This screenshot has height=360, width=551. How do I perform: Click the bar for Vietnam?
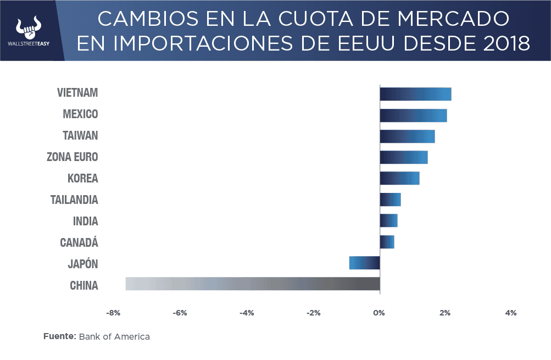click(415, 94)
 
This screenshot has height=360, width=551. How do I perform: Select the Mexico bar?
click(413, 115)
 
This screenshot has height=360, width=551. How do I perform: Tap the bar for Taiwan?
click(407, 136)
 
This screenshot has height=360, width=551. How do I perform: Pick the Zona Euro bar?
click(404, 157)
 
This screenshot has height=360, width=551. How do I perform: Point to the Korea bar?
click(399, 178)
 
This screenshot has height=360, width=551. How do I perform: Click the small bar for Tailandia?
click(390, 200)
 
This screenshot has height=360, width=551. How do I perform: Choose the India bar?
click(388, 220)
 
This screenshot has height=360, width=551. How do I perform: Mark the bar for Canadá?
click(387, 242)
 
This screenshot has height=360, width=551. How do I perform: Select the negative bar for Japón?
click(364, 263)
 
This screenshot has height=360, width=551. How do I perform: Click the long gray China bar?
click(253, 284)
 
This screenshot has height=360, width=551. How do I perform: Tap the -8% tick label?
click(113, 313)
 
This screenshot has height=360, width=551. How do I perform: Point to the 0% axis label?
click(379, 313)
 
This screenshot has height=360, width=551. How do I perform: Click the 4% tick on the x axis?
click(511, 313)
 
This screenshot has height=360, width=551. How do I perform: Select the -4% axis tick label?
click(246, 313)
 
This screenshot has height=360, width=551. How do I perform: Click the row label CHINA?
click(84, 286)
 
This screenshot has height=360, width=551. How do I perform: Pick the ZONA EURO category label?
click(73, 157)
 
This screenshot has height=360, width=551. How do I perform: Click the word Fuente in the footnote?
click(59, 336)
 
